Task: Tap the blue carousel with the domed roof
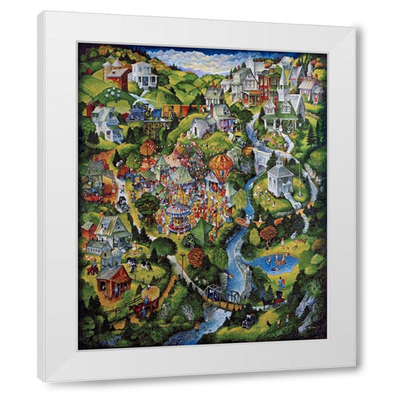pos(178,216)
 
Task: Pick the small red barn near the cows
pos(112,281)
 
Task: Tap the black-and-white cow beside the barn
pos(131,264)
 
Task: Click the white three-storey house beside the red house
pos(143,75)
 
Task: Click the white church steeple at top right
pos(281,78)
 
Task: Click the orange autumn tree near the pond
pos(268,234)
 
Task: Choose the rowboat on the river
pos(242,222)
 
